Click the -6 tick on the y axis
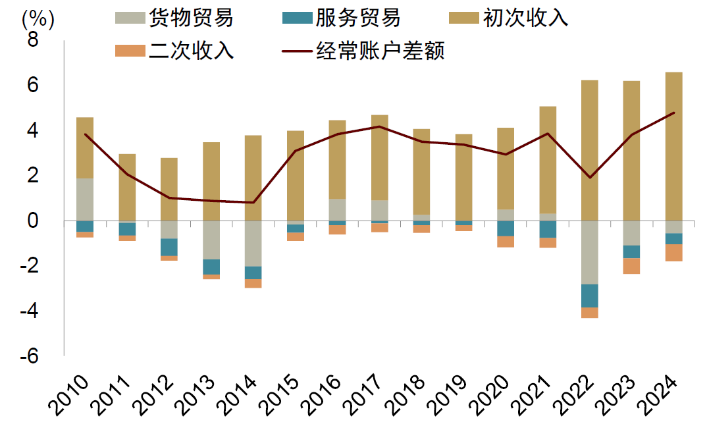(29, 356)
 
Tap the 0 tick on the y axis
(33, 221)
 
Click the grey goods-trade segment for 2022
(589, 252)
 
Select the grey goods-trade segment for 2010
(85, 199)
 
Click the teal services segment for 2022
(589, 296)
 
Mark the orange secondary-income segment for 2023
(631, 265)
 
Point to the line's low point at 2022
(589, 177)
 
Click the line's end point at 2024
(673, 113)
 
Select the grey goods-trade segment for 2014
(253, 244)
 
